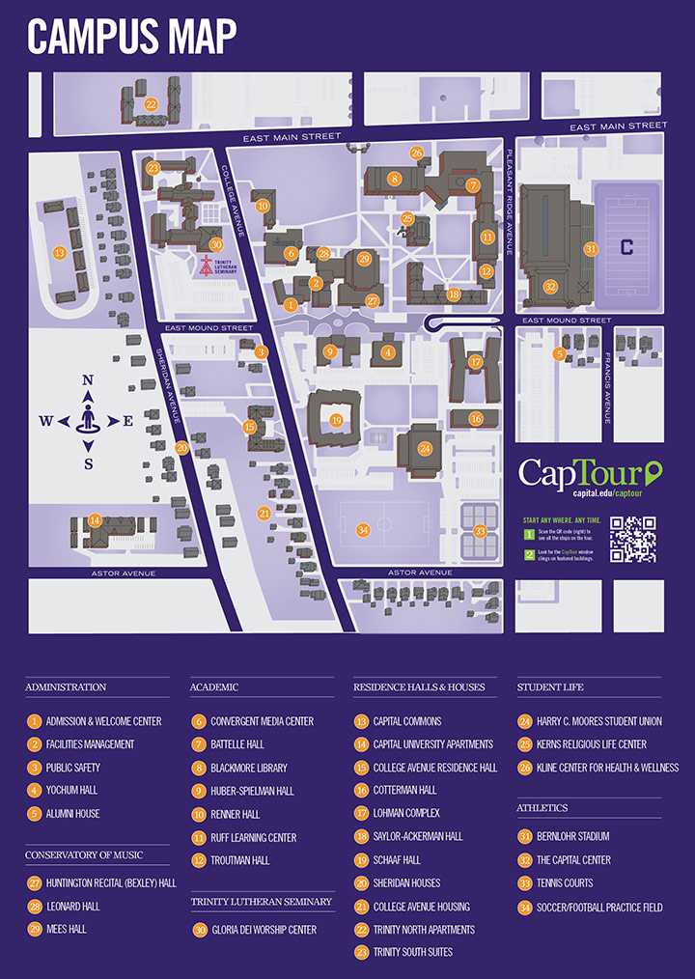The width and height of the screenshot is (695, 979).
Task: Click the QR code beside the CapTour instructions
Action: (x=633, y=540)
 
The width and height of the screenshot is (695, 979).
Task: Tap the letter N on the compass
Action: (x=88, y=380)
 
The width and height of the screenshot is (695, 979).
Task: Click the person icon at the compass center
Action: (x=88, y=421)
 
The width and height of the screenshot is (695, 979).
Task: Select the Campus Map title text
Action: (x=131, y=37)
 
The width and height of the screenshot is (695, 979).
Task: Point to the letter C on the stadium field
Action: (x=626, y=247)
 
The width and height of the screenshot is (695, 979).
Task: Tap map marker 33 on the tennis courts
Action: (x=480, y=530)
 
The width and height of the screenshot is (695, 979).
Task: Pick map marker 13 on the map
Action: (x=60, y=253)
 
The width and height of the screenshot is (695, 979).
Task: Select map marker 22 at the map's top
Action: (x=151, y=103)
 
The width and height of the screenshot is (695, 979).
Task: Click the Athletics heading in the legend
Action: (x=542, y=807)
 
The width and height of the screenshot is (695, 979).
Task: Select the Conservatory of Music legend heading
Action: (x=84, y=854)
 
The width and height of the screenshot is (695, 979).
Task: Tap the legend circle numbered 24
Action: (x=525, y=721)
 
